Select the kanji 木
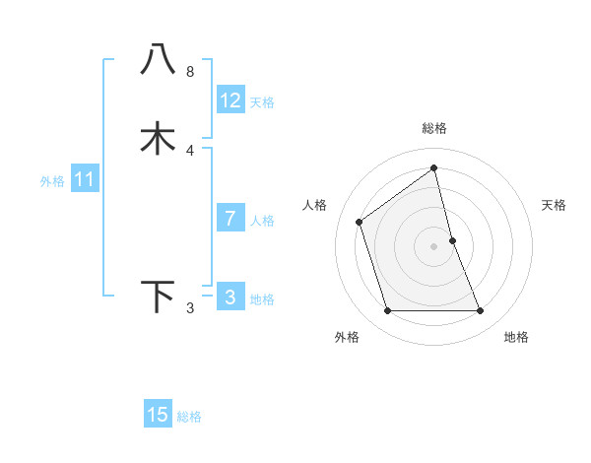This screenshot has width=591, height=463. click(x=158, y=138)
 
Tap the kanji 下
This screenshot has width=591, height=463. click(x=158, y=297)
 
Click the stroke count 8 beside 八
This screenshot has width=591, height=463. click(x=190, y=72)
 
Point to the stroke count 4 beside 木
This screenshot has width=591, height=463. click(x=190, y=150)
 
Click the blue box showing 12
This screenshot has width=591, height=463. click(x=230, y=100)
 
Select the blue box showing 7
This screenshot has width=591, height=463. click(x=230, y=219)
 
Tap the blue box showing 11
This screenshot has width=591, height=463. click(x=85, y=179)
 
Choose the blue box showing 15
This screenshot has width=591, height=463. click(x=158, y=415)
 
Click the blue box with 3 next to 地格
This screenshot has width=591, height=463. click(x=230, y=298)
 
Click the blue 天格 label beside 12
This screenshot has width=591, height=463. click(x=262, y=102)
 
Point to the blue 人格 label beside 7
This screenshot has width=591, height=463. click(x=263, y=221)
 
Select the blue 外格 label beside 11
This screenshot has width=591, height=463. click(x=52, y=181)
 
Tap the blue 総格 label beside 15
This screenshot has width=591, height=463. click(x=189, y=417)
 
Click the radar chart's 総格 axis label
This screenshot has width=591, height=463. click(x=434, y=128)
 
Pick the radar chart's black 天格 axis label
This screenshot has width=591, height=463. click(x=555, y=205)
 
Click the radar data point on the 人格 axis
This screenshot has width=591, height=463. click(x=360, y=222)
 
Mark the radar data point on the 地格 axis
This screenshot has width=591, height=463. click(x=481, y=311)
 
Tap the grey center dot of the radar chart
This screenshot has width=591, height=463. click(x=434, y=246)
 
